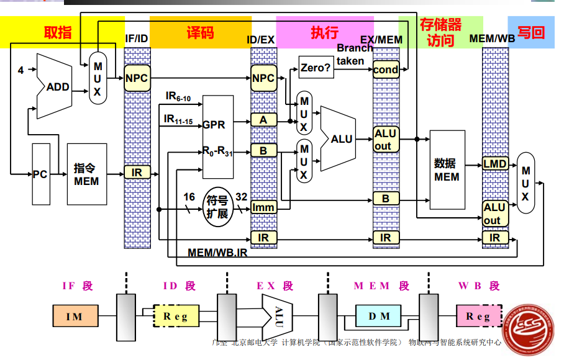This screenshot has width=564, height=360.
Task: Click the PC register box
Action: tap(40, 174)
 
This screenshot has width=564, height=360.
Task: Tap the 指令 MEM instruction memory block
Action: tap(87, 174)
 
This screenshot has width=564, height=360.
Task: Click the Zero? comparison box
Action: tap(316, 67)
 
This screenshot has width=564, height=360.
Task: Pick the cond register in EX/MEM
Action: tap(386, 70)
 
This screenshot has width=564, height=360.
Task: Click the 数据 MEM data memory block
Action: tap(447, 169)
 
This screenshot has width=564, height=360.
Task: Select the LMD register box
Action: tap(495, 164)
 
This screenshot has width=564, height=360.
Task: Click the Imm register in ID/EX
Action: tap(263, 207)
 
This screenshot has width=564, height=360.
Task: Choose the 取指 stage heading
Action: tap(58, 33)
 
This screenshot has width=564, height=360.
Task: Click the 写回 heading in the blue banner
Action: tap(531, 32)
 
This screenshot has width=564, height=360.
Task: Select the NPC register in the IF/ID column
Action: tap(137, 78)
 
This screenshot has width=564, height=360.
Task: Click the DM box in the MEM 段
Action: tap(380, 316)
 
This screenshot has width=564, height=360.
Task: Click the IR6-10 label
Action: tap(178, 97)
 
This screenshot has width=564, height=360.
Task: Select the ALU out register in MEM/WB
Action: tap(494, 214)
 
